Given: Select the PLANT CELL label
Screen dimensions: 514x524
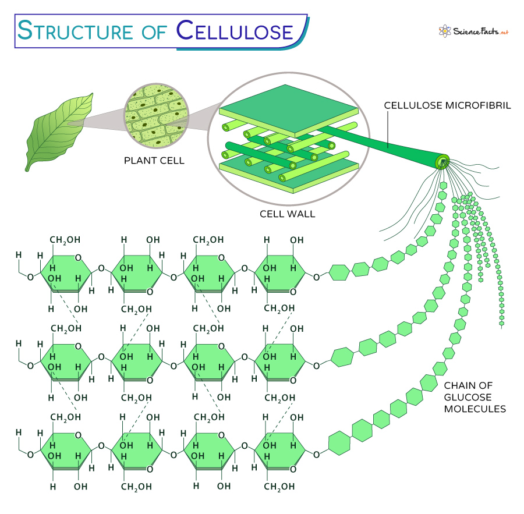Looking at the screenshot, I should click(154, 160).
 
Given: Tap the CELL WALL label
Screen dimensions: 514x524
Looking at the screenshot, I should click(287, 214).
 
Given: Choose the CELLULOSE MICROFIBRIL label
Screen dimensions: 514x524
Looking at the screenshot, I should click(447, 106).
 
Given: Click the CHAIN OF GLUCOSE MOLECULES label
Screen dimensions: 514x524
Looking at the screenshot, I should click(475, 397).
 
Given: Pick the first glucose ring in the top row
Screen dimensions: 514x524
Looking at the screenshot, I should click(65, 271).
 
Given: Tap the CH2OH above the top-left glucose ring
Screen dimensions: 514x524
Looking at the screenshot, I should click(65, 240).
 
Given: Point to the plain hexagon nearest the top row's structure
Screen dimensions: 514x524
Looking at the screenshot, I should click(339, 271).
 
